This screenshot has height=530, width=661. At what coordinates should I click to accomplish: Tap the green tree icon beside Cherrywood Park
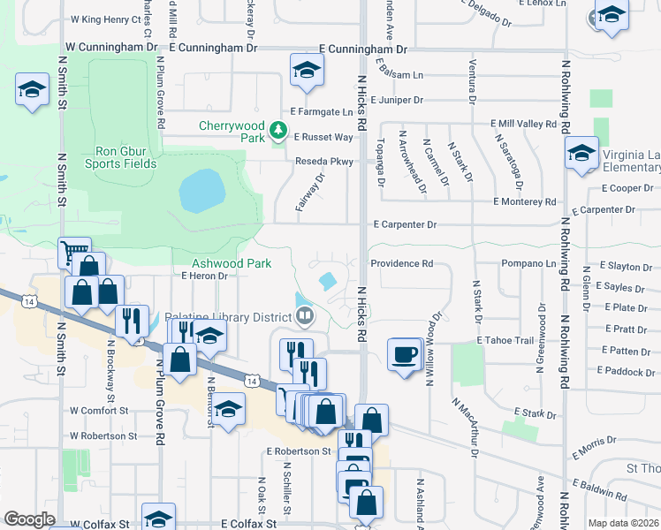click(279, 132)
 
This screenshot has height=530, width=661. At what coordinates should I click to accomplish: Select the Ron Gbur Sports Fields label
click(121, 156)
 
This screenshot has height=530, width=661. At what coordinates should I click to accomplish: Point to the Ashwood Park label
click(232, 263)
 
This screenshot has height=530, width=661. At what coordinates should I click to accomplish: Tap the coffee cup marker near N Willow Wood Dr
click(405, 355)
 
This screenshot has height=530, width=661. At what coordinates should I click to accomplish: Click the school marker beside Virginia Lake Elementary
click(581, 155)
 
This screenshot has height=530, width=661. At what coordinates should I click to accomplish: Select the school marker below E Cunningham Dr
click(306, 72)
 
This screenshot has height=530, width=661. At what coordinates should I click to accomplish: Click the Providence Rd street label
click(402, 263)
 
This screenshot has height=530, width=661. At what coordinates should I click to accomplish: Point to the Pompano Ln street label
click(532, 263)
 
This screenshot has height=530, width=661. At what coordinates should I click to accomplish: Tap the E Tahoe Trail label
click(505, 340)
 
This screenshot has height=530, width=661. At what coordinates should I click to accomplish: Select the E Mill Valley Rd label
click(527, 124)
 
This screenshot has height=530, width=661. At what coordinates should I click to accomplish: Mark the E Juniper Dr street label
click(397, 101)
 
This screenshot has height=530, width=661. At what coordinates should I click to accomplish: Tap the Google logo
click(29, 519)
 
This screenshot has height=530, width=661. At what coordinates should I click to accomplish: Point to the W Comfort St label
click(99, 410)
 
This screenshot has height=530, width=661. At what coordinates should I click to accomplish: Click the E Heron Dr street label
click(204, 276)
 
